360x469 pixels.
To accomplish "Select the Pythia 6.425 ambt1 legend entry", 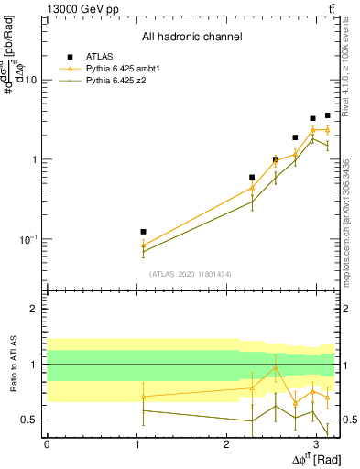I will [x=116, y=69].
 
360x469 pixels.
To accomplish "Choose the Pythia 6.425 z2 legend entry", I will [x=111, y=81].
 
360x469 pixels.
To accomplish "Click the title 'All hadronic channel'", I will [x=191, y=38].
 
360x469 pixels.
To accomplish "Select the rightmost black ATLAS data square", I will [x=327, y=115].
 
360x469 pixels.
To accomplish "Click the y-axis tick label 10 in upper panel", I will [x=30, y=80].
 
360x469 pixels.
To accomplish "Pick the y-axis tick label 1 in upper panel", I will [x=34, y=159].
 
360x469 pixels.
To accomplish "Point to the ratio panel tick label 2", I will [x=34, y=309].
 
